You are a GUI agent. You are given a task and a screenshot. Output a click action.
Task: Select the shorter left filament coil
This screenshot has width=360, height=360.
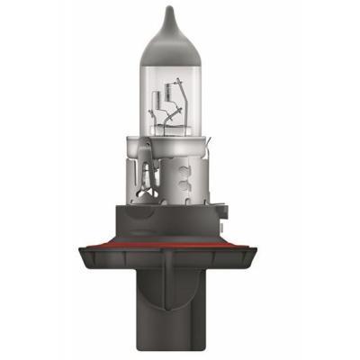(x=168, y=98)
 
